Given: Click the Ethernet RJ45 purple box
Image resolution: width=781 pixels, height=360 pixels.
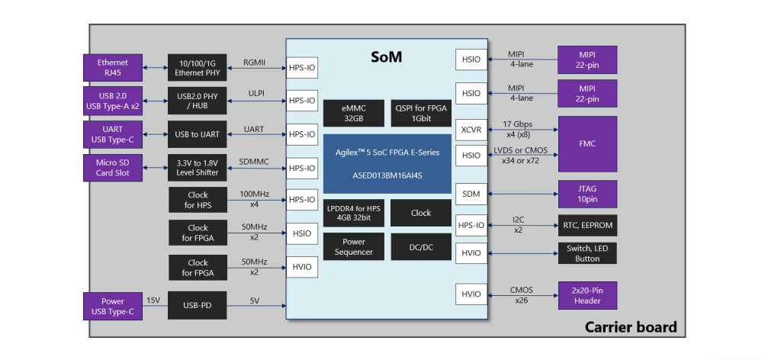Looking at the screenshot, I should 112,68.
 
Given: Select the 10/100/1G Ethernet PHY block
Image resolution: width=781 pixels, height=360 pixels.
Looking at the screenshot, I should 198,68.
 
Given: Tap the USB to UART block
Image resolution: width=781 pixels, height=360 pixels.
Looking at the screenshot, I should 198,134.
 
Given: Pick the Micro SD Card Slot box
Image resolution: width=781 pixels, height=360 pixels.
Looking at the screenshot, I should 112,168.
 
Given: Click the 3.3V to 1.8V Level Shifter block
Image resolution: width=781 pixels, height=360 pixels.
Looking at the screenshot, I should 198,168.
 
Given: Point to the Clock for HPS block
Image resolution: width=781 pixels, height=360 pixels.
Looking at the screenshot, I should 198,200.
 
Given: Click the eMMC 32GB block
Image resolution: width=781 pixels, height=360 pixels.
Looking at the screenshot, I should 352,113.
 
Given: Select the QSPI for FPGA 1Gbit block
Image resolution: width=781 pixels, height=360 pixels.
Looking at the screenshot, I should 421,113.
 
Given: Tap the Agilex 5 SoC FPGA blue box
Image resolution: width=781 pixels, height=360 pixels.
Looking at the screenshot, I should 387,163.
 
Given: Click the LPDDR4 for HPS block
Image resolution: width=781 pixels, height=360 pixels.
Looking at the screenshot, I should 352,213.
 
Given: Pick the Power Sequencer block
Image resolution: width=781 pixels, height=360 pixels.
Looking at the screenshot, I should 352,247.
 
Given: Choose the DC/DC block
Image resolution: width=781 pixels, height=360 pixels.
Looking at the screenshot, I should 421,247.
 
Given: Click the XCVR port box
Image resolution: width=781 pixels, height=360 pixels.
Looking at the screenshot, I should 471,130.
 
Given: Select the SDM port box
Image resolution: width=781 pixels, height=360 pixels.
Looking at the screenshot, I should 471,194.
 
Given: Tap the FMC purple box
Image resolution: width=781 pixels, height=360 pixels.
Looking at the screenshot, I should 587,143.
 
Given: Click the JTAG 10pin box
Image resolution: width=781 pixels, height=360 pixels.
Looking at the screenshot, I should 587,194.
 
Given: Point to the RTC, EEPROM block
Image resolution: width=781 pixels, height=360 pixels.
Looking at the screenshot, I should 587,226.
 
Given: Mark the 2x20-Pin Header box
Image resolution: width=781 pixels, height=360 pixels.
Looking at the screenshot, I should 587,295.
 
